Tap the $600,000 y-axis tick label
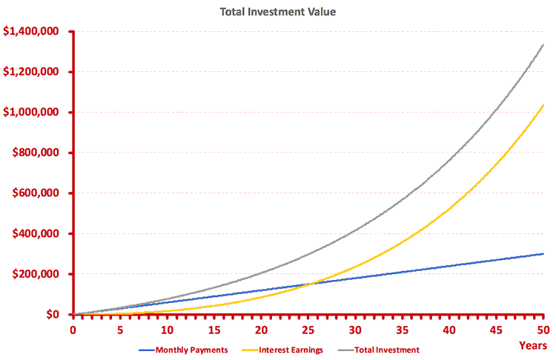(x=39, y=193)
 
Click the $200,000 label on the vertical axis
(x=39, y=274)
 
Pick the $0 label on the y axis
(x=56, y=315)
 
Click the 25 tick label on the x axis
(x=308, y=329)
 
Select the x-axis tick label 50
(x=543, y=329)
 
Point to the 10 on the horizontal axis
(x=167, y=329)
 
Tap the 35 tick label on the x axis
(x=402, y=329)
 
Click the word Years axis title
(x=533, y=345)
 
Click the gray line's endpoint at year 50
(x=543, y=44)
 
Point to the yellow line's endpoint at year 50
(x=543, y=105)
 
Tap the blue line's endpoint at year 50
(x=543, y=254)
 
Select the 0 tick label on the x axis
(x=73, y=329)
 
